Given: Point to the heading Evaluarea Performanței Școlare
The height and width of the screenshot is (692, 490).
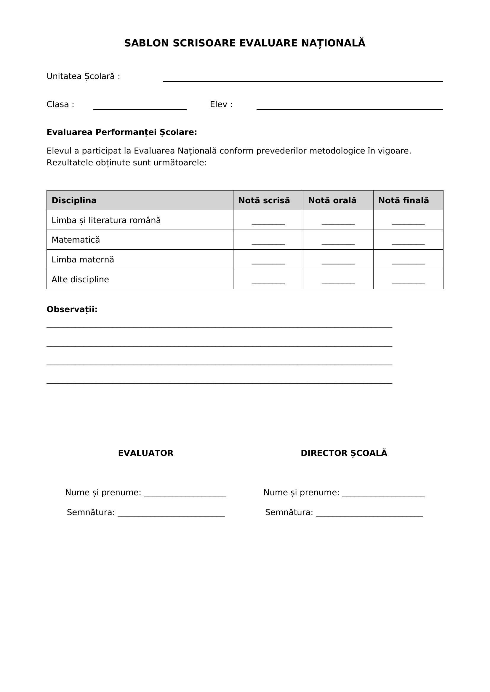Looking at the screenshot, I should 121,132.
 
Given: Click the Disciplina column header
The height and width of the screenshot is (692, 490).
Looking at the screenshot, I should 74,200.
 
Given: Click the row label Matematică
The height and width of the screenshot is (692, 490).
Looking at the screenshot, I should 76,240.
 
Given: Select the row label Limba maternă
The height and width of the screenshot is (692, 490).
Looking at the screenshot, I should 83,259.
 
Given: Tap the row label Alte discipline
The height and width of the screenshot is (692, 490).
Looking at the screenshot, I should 80,279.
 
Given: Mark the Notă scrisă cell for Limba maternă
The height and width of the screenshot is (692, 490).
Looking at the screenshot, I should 268,261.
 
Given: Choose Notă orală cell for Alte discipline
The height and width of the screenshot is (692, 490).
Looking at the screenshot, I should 338,281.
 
